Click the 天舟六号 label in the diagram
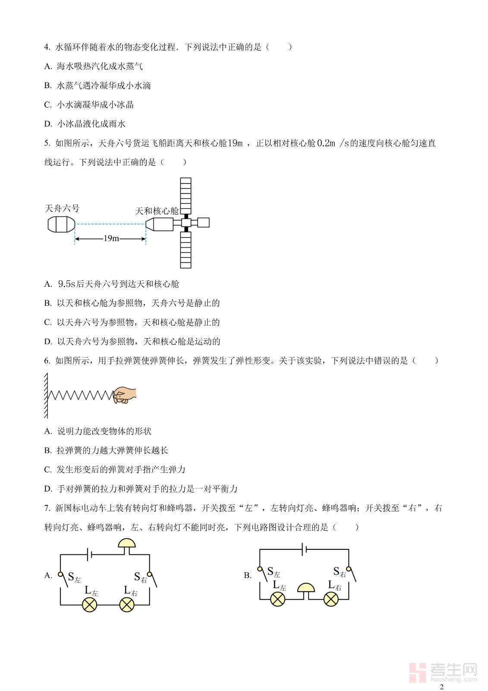pyautogui.click(x=62, y=209)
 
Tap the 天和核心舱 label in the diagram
pyautogui.click(x=157, y=211)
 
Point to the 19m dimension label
pyautogui.click(x=111, y=238)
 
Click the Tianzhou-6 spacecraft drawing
pyautogui.click(x=61, y=225)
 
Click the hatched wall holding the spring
pyautogui.click(x=46, y=396)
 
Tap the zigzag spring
pyautogui.click(x=80, y=395)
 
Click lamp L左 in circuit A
pyautogui.click(x=90, y=605)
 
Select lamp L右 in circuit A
pyautogui.click(x=126, y=605)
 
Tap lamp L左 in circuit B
pyautogui.click(x=277, y=599)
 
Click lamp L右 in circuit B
pyautogui.click(x=331, y=599)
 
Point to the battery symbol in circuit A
pyautogui.click(x=89, y=555)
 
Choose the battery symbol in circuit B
pyautogui.click(x=305, y=549)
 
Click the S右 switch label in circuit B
pyautogui.click(x=340, y=572)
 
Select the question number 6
pyautogui.click(x=47, y=361)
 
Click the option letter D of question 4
pyautogui.click(x=48, y=124)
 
